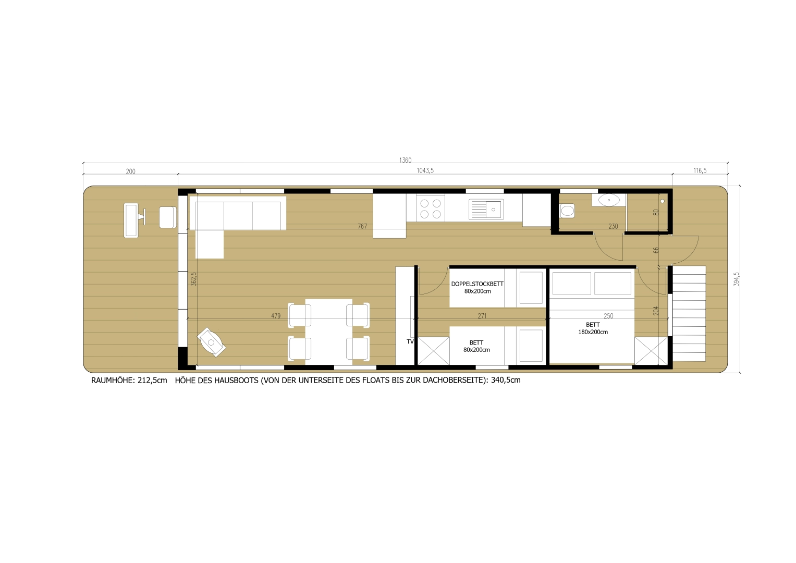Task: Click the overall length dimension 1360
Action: tap(405, 160)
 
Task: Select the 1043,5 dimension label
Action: tap(425, 171)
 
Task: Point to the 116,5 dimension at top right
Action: tap(700, 171)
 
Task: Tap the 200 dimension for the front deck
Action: tap(130, 172)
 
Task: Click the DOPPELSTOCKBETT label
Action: tap(477, 284)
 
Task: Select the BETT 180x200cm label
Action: tap(593, 328)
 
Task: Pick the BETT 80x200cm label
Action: tap(476, 347)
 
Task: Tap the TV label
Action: tap(410, 342)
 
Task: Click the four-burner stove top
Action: tap(431, 209)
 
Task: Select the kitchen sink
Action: tap(486, 209)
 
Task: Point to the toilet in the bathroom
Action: tap(567, 211)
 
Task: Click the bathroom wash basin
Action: tap(608, 200)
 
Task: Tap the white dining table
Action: tap(328, 331)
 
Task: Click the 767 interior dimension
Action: tap(362, 226)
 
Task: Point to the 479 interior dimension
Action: tap(276, 316)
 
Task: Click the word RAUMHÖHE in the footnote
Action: tap(113, 381)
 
